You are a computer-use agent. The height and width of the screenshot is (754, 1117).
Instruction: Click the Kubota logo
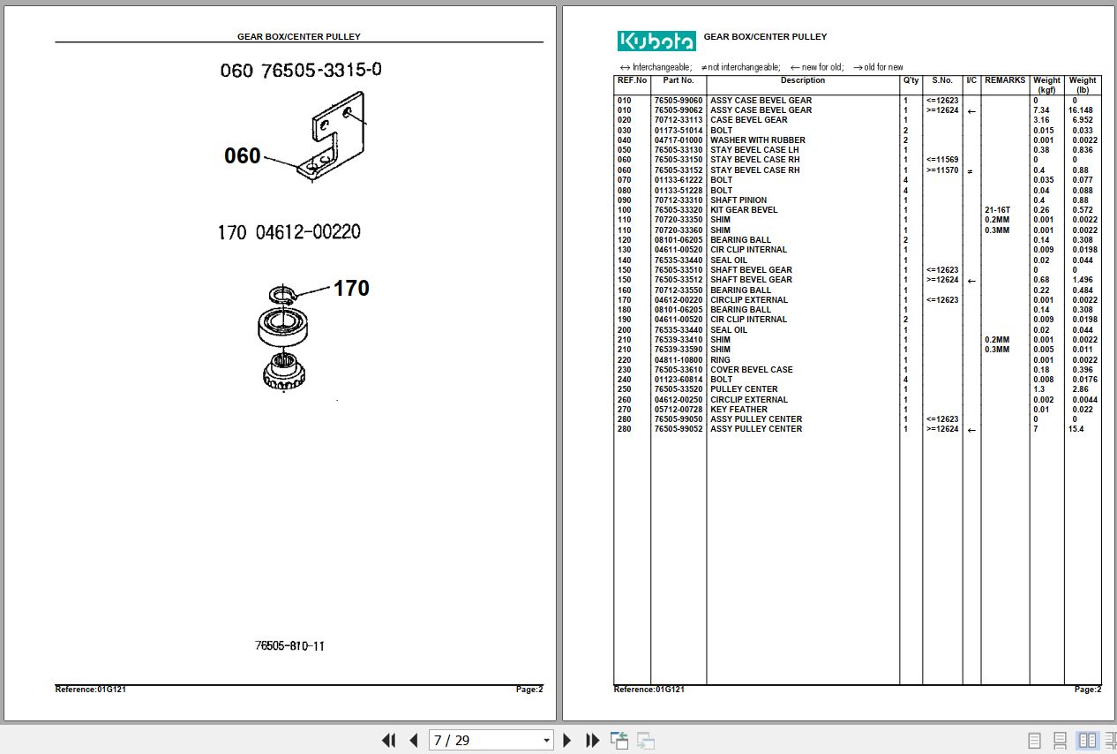click(656, 41)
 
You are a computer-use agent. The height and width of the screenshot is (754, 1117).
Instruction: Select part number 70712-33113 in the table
click(678, 120)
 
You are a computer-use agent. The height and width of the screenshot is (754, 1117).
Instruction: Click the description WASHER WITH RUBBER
click(757, 140)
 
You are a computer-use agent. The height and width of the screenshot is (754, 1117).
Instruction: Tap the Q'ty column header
click(911, 80)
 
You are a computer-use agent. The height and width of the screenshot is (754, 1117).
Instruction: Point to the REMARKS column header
click(1005, 80)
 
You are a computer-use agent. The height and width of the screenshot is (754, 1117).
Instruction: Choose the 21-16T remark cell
click(997, 210)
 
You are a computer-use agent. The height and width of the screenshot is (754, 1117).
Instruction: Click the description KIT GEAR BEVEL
click(744, 210)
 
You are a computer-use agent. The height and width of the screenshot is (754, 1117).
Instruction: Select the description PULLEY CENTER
click(744, 389)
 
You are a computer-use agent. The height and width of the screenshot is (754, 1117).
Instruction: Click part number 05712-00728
click(678, 410)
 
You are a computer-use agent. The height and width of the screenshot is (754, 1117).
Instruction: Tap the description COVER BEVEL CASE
click(751, 370)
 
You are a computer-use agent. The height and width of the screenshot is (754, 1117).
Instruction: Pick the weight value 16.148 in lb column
click(1081, 110)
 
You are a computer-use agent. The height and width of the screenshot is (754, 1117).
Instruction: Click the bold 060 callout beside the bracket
click(242, 156)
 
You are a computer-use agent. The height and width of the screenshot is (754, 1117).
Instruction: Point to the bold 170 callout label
click(350, 288)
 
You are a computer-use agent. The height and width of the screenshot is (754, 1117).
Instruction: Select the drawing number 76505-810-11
click(289, 645)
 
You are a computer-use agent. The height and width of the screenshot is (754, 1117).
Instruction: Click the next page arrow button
click(567, 741)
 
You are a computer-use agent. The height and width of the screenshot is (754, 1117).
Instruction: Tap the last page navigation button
click(593, 741)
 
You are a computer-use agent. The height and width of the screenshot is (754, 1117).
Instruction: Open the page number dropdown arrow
click(546, 741)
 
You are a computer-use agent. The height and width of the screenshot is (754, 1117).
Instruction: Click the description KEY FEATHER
click(738, 410)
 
